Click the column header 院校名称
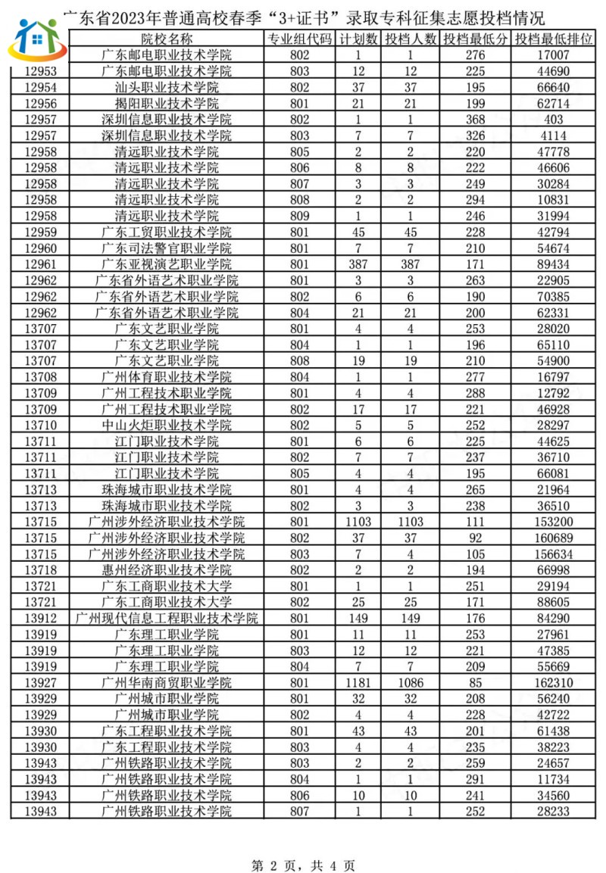(x=167, y=39)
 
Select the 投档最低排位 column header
(x=553, y=39)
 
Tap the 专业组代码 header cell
(x=300, y=39)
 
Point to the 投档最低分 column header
(x=476, y=39)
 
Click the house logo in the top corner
(x=36, y=39)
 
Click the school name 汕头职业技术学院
(x=167, y=87)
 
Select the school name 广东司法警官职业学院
(x=167, y=248)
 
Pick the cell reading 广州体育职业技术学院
(x=167, y=376)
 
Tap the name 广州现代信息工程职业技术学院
(x=167, y=618)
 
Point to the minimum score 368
(x=475, y=120)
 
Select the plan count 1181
(x=357, y=682)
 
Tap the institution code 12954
(x=41, y=87)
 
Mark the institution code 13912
(x=41, y=618)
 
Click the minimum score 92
(x=475, y=538)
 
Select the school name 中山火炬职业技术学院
(x=167, y=425)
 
